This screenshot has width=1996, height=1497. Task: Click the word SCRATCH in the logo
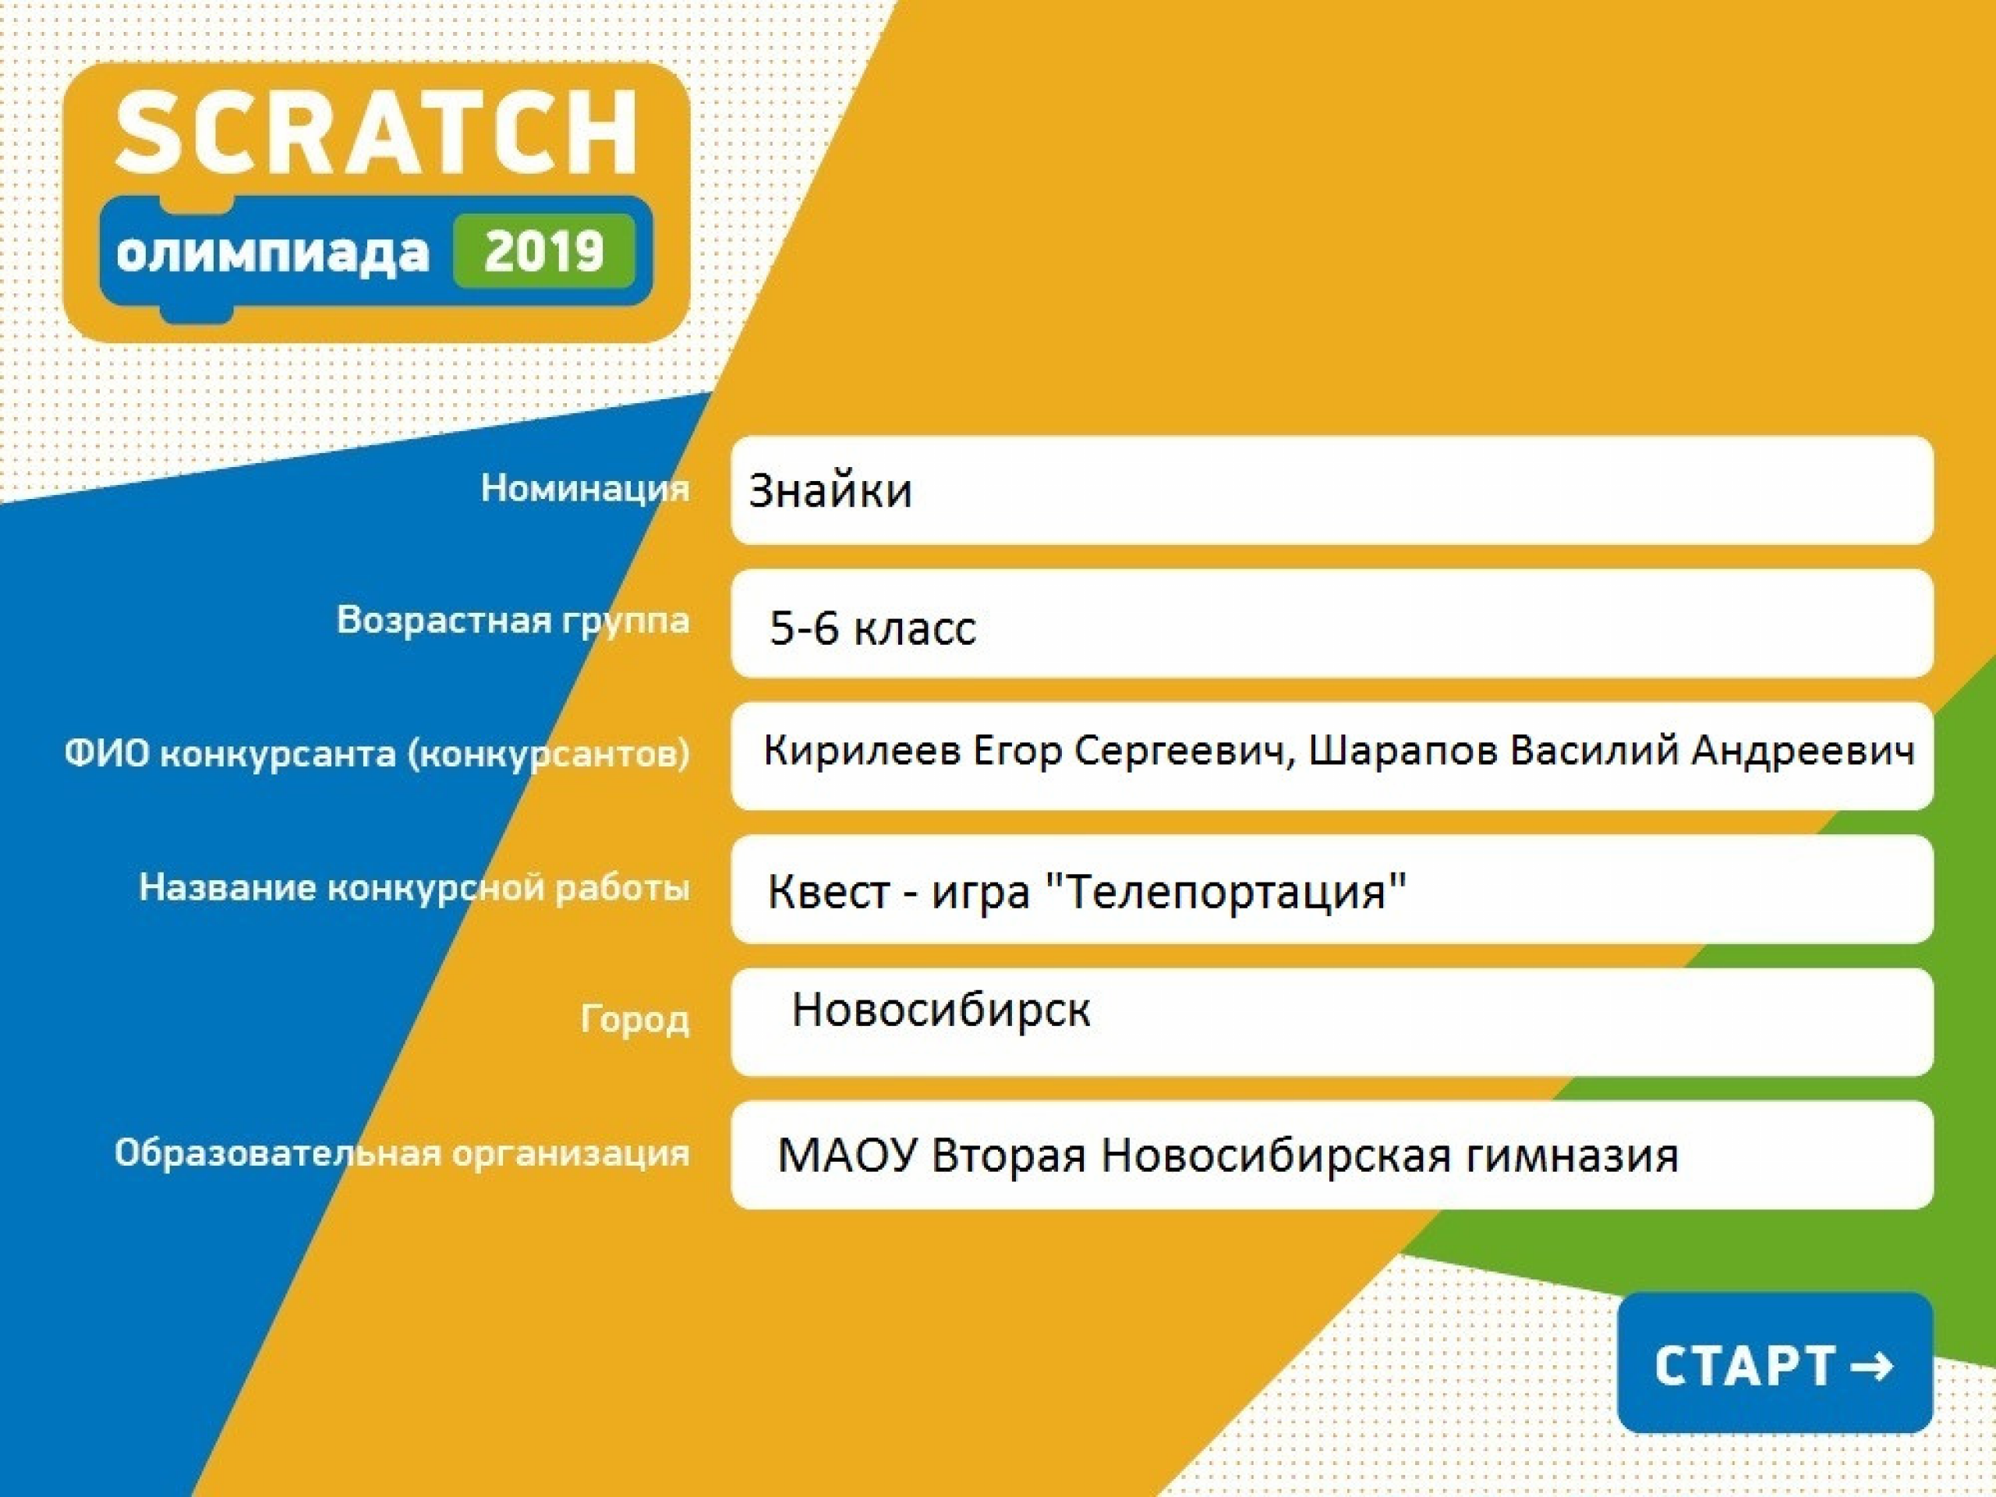(x=377, y=132)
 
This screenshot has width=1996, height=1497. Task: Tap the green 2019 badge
(x=543, y=251)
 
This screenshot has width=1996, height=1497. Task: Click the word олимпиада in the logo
(x=273, y=253)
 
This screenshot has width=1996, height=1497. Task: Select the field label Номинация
(x=585, y=488)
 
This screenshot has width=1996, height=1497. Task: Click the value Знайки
(x=830, y=491)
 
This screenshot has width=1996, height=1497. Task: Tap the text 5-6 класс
(x=872, y=627)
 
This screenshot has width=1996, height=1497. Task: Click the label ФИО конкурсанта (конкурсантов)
(x=377, y=753)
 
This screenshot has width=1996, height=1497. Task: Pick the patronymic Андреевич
(x=1803, y=751)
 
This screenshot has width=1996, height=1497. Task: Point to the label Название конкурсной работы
(x=414, y=888)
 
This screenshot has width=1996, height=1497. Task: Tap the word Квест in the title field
(x=828, y=891)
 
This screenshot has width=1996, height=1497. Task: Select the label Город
(x=635, y=1020)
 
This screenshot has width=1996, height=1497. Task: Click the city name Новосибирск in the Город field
(x=940, y=1010)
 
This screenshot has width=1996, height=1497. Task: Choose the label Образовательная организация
(x=402, y=1153)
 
